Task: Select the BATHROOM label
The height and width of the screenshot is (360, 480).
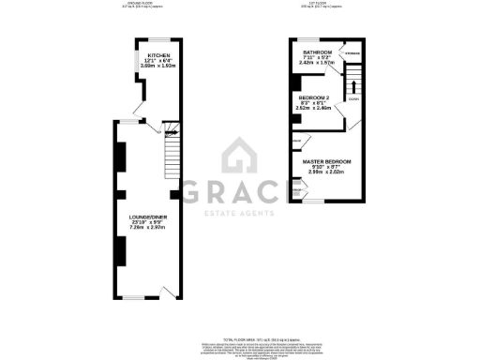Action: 316,52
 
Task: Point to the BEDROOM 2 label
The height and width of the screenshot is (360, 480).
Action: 316,97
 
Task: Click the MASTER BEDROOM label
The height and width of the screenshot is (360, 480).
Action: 326,161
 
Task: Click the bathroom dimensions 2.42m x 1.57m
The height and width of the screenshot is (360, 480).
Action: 316,64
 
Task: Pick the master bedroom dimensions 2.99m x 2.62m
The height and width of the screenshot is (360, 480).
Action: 326,172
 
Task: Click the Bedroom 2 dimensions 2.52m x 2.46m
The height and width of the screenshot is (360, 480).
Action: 316,108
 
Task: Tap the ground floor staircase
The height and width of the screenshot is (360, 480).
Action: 172,153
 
